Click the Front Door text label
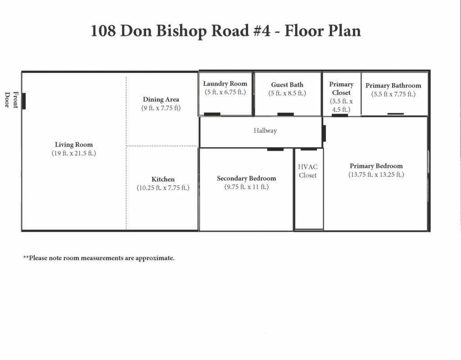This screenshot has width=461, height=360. coord(11,100)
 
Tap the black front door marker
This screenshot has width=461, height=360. coord(24,101)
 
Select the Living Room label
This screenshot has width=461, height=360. coord(74,144)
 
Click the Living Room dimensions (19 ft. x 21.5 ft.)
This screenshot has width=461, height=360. coord(74,153)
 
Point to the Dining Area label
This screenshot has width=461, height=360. coord(161,99)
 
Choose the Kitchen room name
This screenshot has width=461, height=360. coord(163,179)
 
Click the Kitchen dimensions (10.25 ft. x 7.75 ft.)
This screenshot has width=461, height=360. coord(163,188)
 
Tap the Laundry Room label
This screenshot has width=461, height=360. coord(225,84)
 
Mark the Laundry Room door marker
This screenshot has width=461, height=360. coord(212,114)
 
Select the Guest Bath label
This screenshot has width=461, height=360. coord(287,85)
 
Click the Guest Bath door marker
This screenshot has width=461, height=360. coord(285,114)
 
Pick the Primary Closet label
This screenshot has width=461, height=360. coord(341,88)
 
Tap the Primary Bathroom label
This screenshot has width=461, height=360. coord(393,85)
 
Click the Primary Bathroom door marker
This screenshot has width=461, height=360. coord(396,114)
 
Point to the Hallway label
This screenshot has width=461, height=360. coord(265,130)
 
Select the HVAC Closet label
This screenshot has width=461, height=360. coord(308,171)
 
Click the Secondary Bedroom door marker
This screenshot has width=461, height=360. coord(275,149)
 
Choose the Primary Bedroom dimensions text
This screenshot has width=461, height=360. coord(376,175)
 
